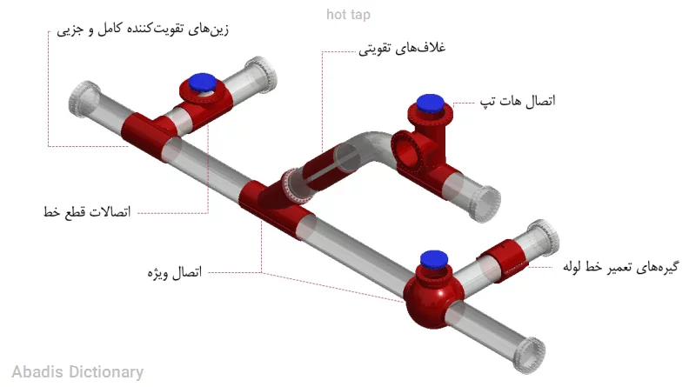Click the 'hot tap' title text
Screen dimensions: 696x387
348,15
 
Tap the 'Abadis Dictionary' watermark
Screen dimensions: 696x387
77,372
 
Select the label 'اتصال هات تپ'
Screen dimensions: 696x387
518,101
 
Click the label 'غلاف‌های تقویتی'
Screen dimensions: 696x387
402,48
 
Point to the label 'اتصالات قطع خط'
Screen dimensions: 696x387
87,211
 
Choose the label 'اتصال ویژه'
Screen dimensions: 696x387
175,272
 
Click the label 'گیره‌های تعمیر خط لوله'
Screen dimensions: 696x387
621,267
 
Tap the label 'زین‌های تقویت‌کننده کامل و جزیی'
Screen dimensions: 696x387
143,30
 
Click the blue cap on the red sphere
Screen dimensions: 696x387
433,259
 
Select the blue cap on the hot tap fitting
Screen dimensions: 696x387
429,103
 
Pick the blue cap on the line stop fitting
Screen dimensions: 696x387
203,83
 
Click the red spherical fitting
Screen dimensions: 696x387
433,295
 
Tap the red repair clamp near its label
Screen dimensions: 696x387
503,260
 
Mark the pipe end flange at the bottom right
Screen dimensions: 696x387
530,355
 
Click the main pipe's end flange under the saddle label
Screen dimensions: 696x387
84,99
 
